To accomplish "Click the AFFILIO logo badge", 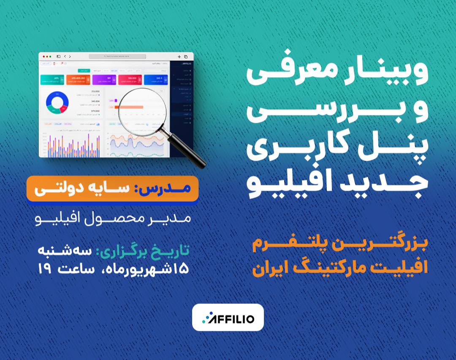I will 228,317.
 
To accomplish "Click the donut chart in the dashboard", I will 57,103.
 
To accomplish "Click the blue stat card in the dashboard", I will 155,79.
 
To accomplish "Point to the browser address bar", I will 117,56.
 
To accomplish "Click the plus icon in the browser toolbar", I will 179,56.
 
